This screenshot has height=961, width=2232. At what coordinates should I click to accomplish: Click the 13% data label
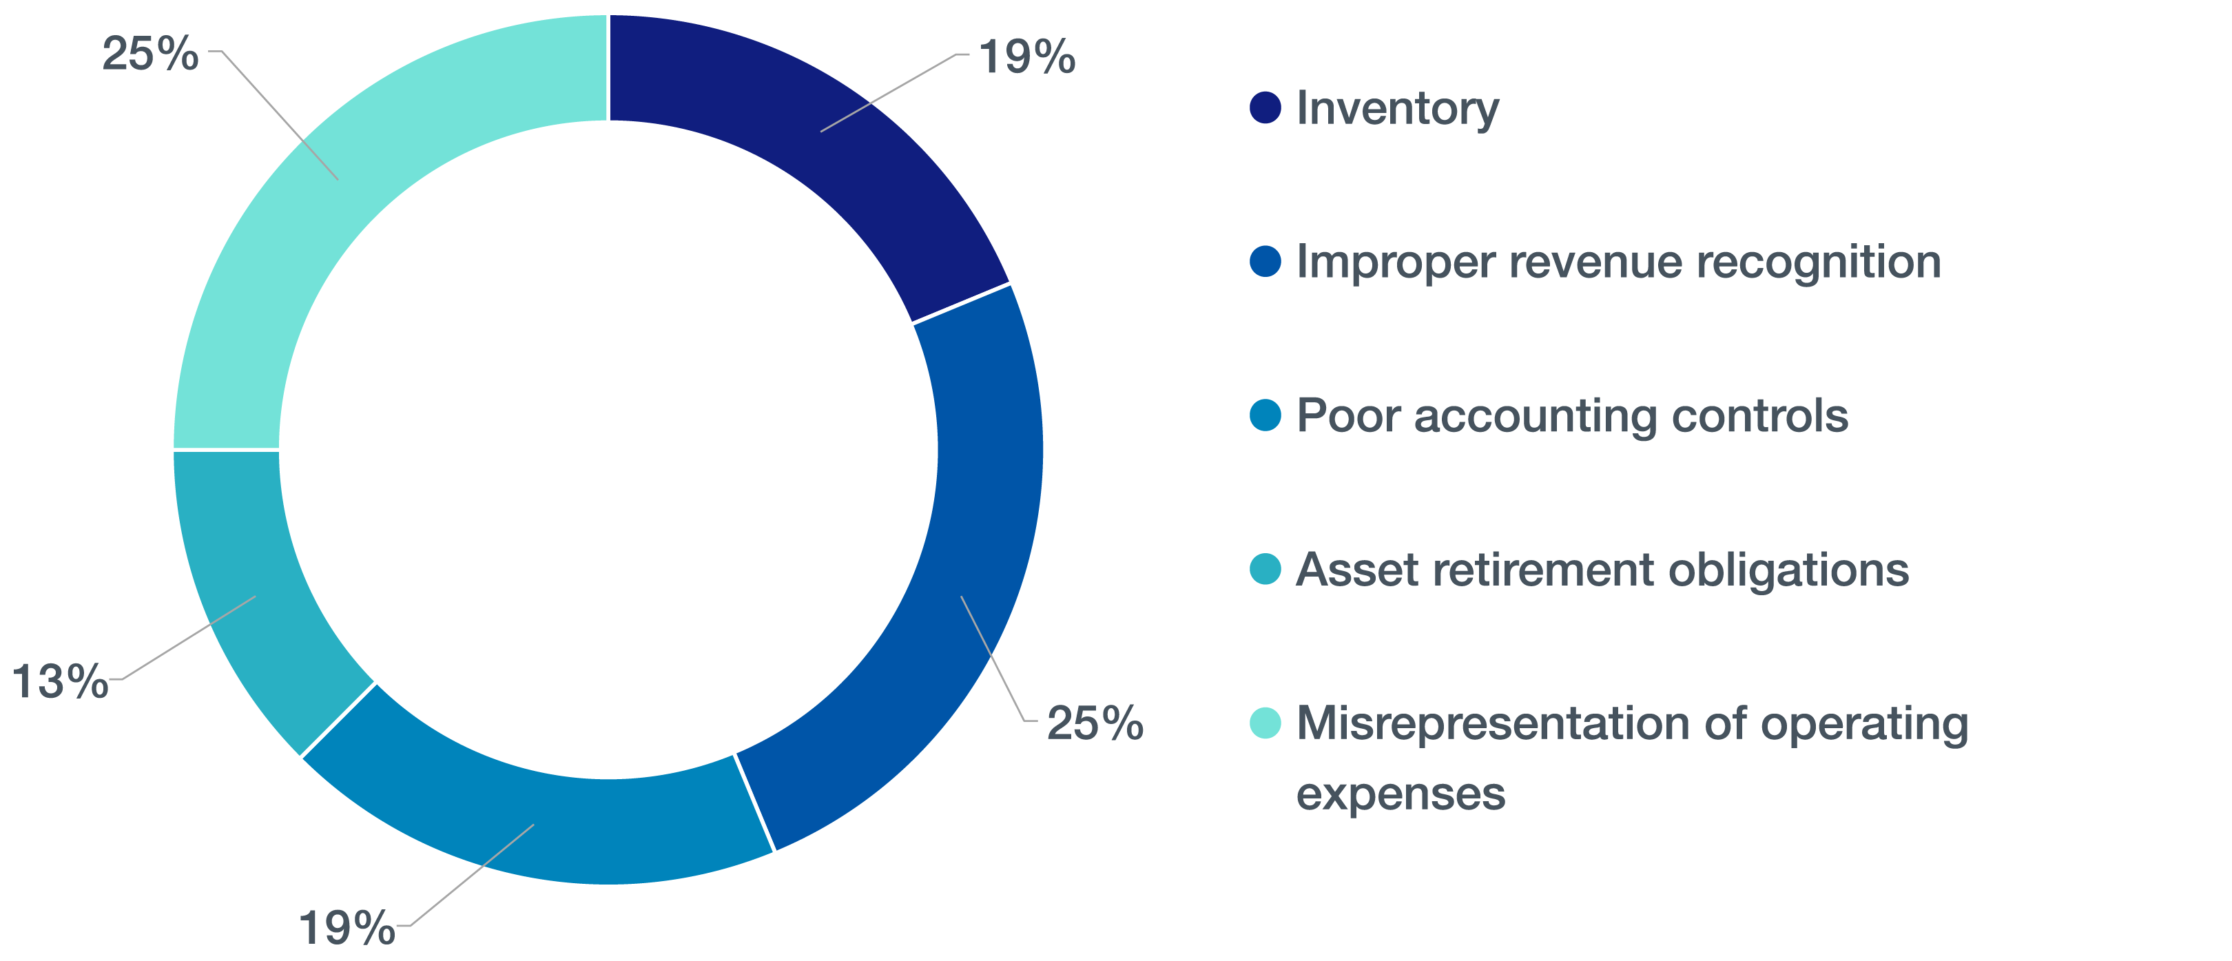[x=60, y=681]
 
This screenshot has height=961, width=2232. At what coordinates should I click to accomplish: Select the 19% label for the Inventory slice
[x=1026, y=57]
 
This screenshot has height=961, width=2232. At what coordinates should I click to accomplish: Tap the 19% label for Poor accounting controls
[x=347, y=928]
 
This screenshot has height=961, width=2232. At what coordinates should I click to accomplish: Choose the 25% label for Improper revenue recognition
[x=1095, y=723]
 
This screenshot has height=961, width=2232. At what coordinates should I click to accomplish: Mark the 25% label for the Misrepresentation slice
[x=150, y=54]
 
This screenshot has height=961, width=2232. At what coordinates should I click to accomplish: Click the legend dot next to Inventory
[x=1265, y=107]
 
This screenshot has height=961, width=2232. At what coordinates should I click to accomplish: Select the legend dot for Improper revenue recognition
[x=1265, y=262]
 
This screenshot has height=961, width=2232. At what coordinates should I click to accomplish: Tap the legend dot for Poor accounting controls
[x=1265, y=415]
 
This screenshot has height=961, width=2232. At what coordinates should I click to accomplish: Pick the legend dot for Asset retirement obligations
[x=1265, y=569]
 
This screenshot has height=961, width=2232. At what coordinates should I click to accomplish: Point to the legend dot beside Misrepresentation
[x=1265, y=723]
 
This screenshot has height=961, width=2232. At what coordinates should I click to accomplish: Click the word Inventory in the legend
[x=1398, y=109]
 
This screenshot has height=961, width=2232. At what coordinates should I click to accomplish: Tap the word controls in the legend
[x=1760, y=416]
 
